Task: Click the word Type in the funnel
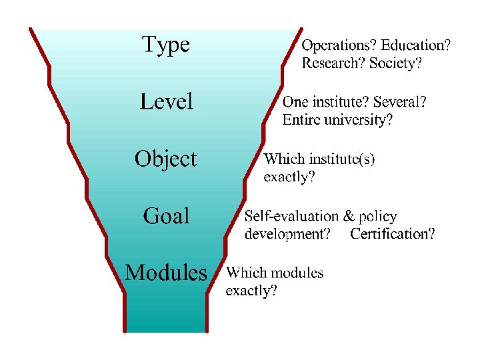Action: coord(166,45)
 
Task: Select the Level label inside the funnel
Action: coord(166,102)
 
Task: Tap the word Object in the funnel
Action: coord(165,159)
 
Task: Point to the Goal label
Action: coord(167,216)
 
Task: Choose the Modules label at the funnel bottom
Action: coord(166,273)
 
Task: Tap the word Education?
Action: coord(415,46)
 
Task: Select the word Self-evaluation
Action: coord(291,216)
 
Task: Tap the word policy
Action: coord(377,217)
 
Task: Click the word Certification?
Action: coord(393,234)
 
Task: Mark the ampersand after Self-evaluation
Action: coord(349,216)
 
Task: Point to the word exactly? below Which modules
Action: coord(251,291)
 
